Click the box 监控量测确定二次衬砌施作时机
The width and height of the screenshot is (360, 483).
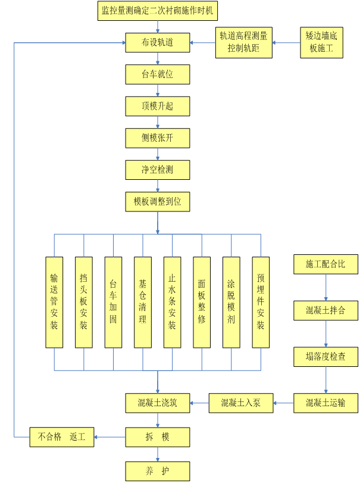[158, 11]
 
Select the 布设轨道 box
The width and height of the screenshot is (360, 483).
[158, 42]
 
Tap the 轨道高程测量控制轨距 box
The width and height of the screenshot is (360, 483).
[243, 43]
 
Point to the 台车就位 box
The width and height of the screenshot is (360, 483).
[158, 74]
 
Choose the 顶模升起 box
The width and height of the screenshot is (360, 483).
[158, 107]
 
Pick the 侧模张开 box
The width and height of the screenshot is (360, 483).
[158, 138]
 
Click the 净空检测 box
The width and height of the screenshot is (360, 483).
[158, 170]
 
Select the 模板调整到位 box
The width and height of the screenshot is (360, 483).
[158, 201]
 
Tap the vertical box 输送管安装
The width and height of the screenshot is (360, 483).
[54, 302]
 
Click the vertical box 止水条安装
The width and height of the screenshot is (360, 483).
[172, 302]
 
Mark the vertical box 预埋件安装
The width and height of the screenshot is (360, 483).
[261, 302]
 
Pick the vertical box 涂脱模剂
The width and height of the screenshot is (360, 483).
[231, 302]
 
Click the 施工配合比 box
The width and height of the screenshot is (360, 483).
[325, 264]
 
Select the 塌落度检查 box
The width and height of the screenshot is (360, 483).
[325, 357]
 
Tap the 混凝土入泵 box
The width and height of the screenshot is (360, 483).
[240, 403]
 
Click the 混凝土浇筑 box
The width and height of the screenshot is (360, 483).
[158, 403]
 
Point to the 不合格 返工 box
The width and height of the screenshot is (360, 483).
[61, 437]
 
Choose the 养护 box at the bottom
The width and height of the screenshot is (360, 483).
[158, 470]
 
